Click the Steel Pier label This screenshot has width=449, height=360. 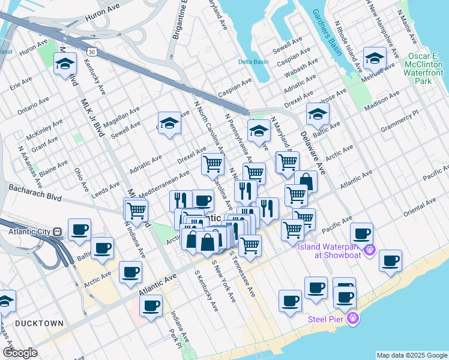tap(327, 319)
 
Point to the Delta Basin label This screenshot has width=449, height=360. tap(253, 62)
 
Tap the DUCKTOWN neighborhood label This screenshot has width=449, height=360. tap(39, 323)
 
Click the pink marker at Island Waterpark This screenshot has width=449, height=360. tap(370, 249)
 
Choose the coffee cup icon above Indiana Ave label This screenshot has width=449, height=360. tap(151, 305)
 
